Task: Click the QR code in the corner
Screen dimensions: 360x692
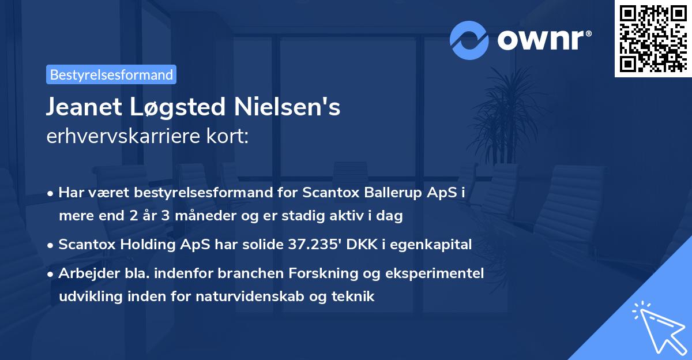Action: pos(653,38)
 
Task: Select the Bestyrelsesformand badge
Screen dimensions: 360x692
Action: pos(111,74)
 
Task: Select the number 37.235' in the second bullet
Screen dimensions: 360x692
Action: pos(313,245)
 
